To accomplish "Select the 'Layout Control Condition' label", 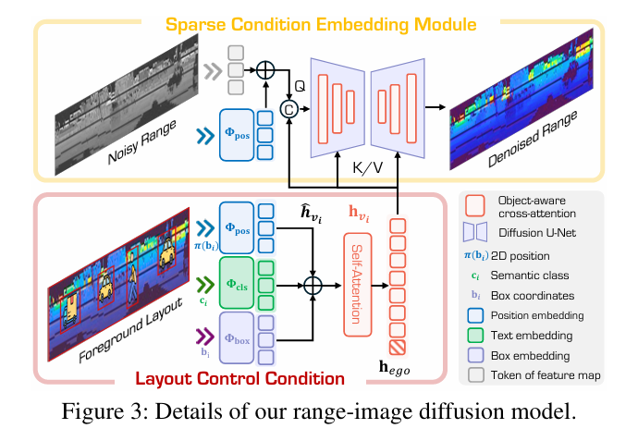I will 239,377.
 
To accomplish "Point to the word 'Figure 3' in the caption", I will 99,411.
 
